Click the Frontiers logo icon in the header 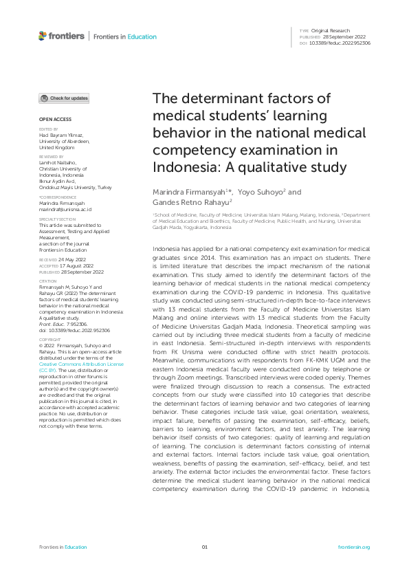[x=43, y=36]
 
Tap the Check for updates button [x=64, y=98]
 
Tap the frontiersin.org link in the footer [x=354, y=547]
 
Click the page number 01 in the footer [x=204, y=547]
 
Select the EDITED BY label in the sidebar [x=48, y=129]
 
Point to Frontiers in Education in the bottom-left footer [x=63, y=547]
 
